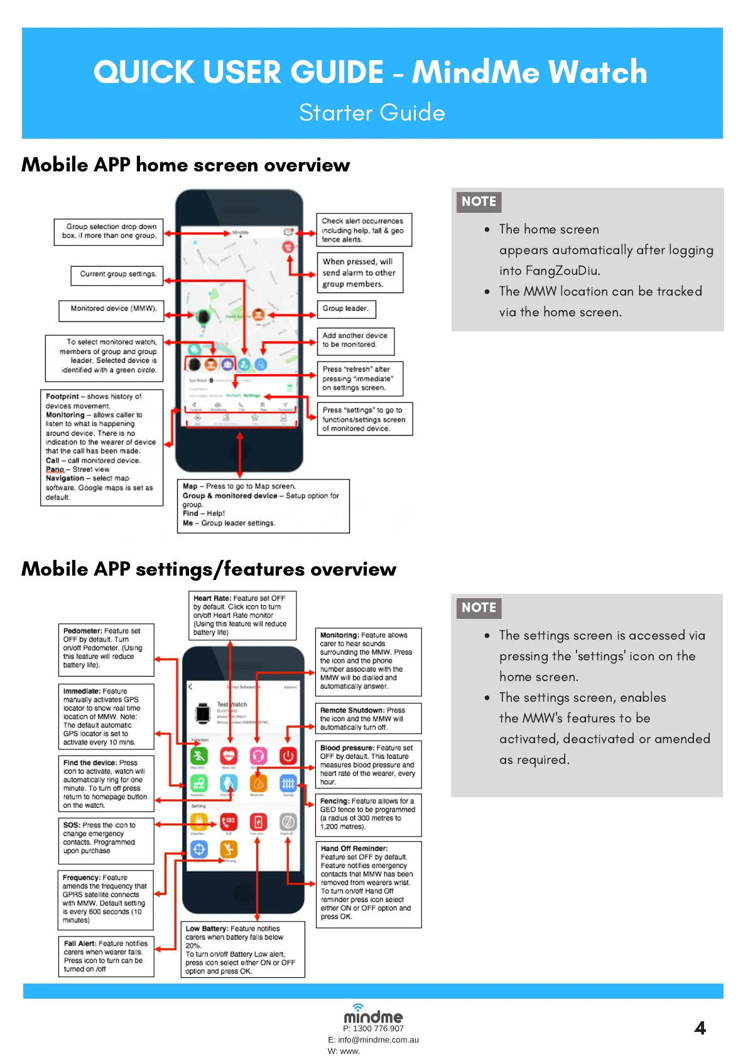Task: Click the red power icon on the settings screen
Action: click(288, 756)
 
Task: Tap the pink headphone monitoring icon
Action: click(258, 756)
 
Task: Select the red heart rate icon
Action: click(229, 756)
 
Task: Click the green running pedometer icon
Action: click(199, 756)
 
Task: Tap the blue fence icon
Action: click(288, 783)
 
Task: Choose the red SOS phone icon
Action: click(229, 822)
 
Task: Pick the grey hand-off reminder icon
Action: click(288, 822)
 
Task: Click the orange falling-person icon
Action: click(229, 849)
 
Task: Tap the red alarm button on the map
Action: click(288, 247)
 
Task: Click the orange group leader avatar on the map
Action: click(258, 314)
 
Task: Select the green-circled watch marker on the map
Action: click(202, 316)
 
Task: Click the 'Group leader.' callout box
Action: click(346, 309)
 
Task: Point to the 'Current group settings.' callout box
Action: click(117, 275)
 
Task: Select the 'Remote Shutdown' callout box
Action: click(368, 719)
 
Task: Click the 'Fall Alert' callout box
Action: click(106, 956)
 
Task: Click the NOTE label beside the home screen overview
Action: click(479, 201)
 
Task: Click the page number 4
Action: click(700, 1028)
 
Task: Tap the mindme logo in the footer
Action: click(373, 1015)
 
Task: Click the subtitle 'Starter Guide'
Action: click(372, 113)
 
